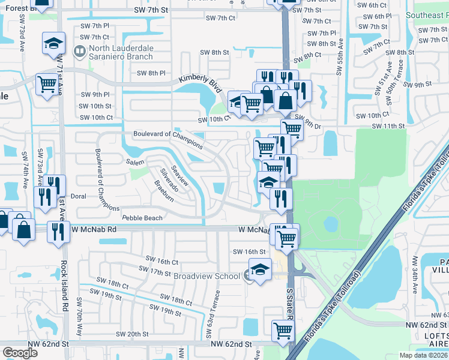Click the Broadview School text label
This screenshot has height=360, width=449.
pos(206,276)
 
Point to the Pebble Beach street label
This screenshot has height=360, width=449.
pos(142,218)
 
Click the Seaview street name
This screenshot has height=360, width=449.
pos(181,175)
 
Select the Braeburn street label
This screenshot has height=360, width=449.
pos(163,190)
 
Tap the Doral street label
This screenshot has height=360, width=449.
pos(79,196)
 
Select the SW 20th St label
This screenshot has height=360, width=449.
pos(132,334)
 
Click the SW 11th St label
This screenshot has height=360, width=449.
pos(389,126)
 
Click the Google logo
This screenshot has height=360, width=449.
pos(20,353)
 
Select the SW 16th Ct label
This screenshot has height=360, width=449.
pos(162,262)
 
